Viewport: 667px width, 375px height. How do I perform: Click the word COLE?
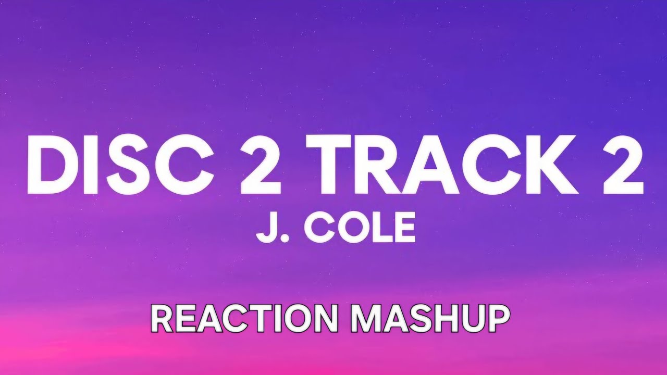click(360, 228)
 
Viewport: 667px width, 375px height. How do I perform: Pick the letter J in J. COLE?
click(265, 228)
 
